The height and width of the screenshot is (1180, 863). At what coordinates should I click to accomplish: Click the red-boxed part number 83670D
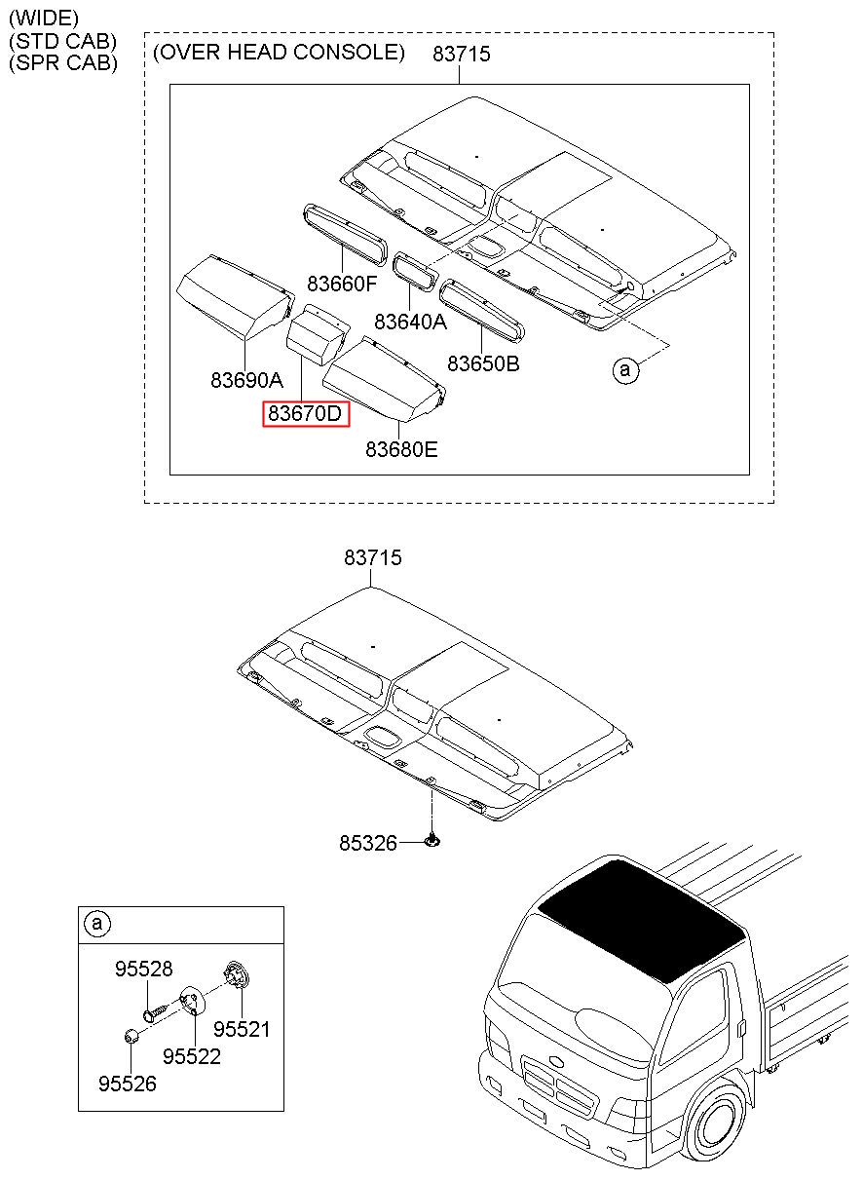[x=306, y=413]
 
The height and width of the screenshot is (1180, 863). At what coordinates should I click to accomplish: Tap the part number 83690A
[x=246, y=380]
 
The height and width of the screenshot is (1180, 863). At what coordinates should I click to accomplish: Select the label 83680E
[x=401, y=449]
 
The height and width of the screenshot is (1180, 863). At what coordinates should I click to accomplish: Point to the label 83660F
[x=342, y=284]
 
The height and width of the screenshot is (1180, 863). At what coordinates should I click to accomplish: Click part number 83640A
[x=410, y=322]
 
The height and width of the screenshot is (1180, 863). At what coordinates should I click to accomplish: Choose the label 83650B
[x=483, y=363]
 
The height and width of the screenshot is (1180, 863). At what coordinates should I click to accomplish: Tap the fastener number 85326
[x=367, y=844]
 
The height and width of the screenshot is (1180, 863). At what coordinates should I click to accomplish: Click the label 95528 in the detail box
[x=144, y=969]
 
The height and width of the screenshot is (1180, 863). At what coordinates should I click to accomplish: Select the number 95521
[x=242, y=1029]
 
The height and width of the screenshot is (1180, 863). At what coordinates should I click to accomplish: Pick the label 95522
[x=192, y=1056]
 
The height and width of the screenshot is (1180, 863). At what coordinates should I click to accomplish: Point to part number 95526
[x=128, y=1084]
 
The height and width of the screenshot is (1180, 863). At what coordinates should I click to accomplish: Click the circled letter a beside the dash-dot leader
[x=625, y=369]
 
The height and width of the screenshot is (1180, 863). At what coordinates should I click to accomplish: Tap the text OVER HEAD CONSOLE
[x=280, y=53]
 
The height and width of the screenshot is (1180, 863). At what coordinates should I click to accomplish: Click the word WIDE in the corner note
[x=44, y=19]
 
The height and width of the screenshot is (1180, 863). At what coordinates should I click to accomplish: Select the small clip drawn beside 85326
[x=432, y=840]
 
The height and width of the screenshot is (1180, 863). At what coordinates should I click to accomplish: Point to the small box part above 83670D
[x=318, y=335]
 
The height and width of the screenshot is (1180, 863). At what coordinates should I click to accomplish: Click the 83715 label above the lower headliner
[x=373, y=557]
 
